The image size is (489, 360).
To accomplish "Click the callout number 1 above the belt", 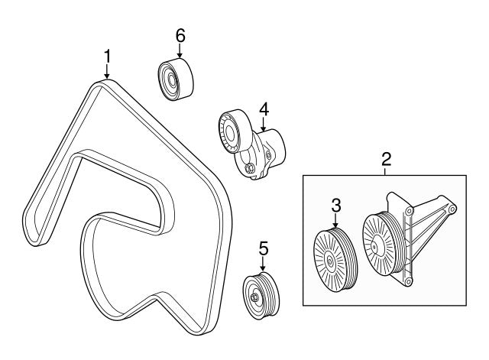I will [x=107, y=56].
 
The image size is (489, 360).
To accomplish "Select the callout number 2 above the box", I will [x=387, y=159].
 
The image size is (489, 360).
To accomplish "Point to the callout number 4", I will [x=264, y=111].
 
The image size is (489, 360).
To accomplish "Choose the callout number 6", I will [x=180, y=35].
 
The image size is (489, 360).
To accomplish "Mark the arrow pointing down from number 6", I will [x=180, y=50].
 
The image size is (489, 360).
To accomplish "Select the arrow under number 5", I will [x=263, y=264].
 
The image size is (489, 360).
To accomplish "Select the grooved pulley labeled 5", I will [x=261, y=294].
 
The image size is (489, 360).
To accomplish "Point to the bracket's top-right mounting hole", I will [x=452, y=209].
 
